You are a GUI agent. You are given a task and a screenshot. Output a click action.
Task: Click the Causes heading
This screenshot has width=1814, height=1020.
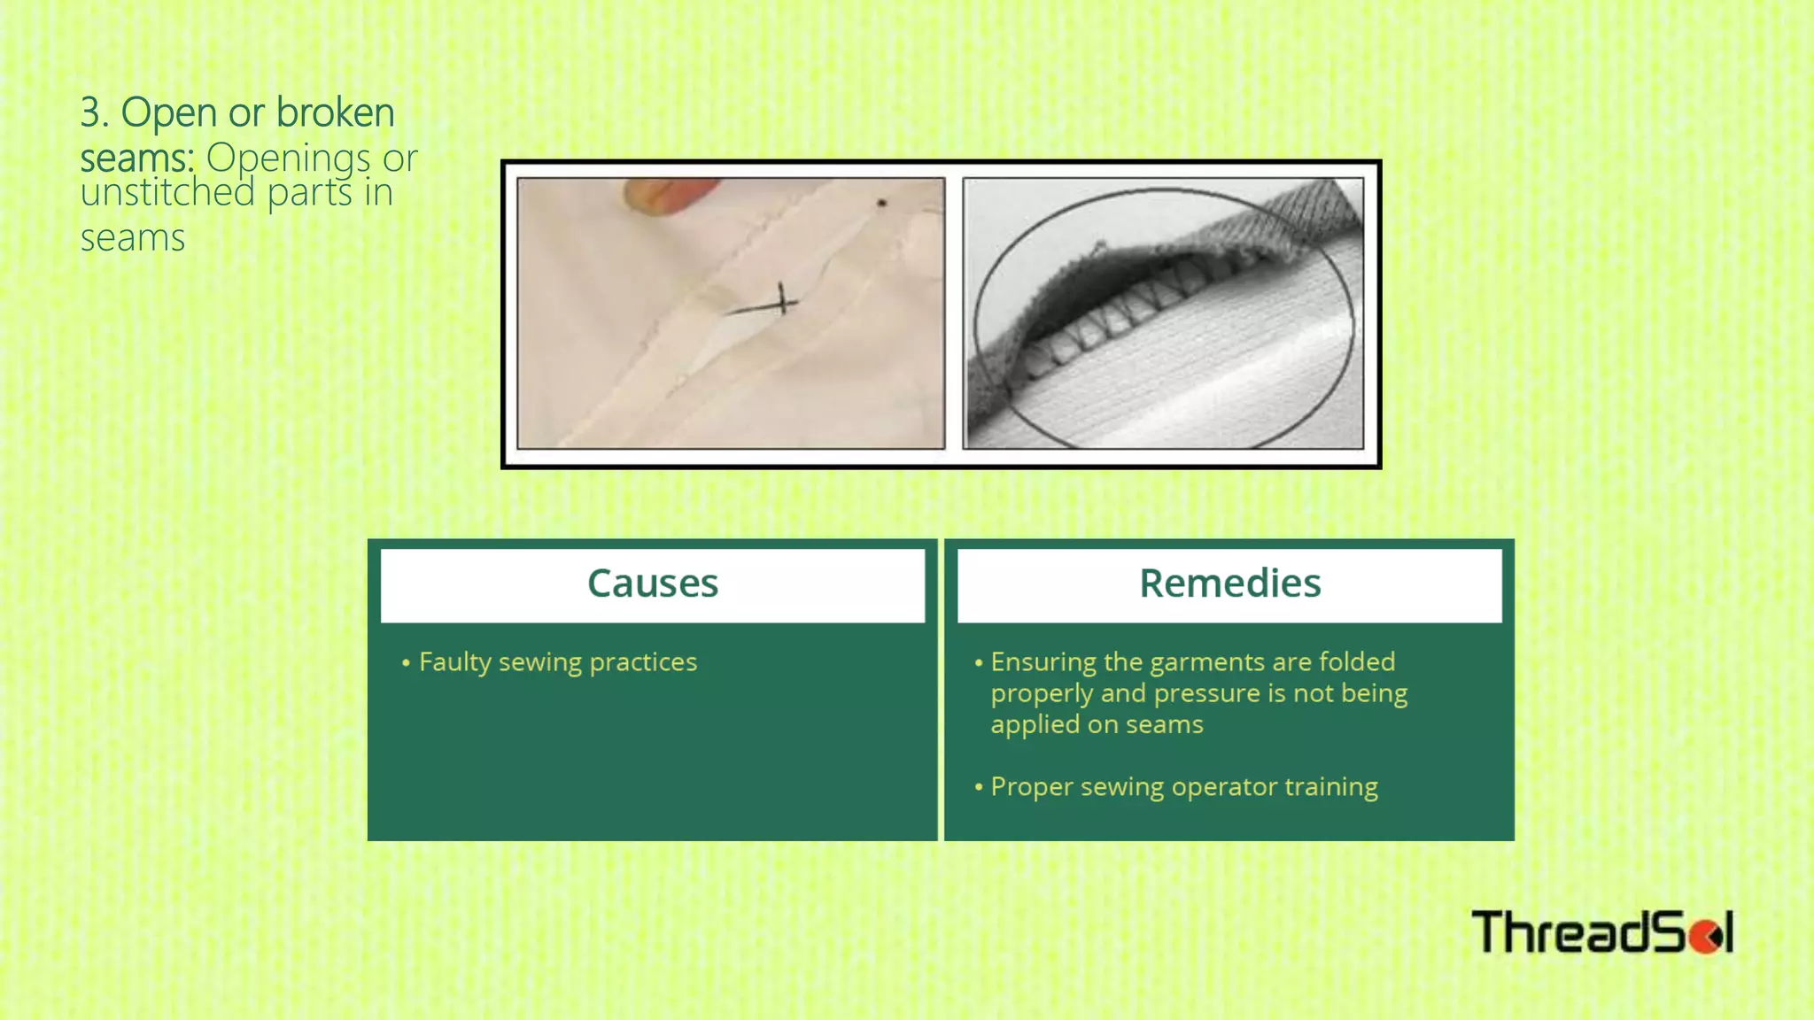pos(653,583)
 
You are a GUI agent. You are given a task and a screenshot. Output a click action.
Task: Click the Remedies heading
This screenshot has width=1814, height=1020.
pos(1229,583)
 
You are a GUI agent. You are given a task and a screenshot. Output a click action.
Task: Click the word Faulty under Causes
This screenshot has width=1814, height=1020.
pos(454,662)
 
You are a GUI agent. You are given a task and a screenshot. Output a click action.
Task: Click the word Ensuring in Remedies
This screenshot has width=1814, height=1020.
pos(1043,662)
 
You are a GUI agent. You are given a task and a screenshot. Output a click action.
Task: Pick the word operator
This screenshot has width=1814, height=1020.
pos(1224,787)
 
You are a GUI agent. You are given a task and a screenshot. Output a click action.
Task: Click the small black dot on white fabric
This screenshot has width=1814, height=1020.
pos(881,204)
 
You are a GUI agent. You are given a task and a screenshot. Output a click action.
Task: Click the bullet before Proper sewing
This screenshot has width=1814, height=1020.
pos(979,787)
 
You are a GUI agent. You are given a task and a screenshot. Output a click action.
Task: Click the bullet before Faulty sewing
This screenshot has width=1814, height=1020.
pos(406,662)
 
